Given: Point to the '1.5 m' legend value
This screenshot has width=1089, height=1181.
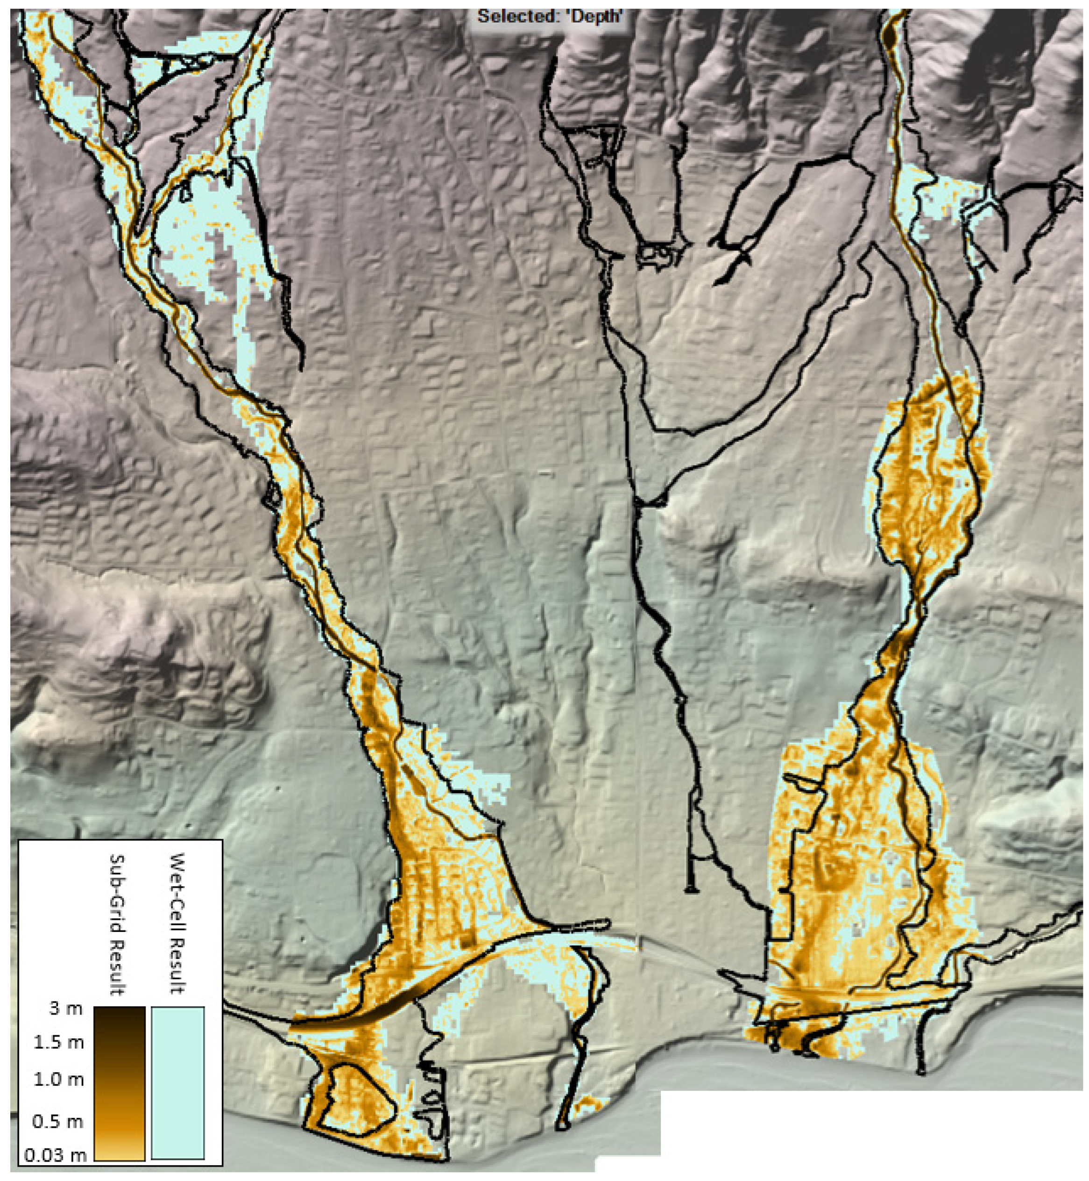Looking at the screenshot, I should (58, 1043).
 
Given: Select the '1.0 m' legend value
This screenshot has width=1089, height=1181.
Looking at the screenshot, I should (58, 1080).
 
